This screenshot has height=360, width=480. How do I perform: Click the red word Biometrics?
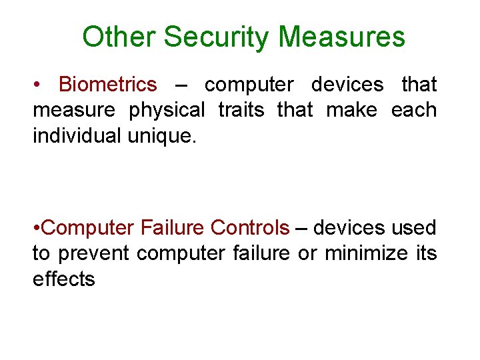108,85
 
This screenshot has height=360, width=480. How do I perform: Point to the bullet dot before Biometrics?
38,85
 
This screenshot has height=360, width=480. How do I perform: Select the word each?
414,110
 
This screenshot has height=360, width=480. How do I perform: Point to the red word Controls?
250,228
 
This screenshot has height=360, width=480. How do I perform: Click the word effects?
64,279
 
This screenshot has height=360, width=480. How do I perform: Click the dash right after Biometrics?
180,85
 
